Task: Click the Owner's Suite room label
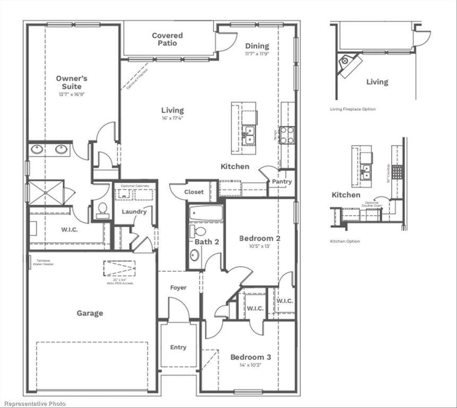click(72, 82)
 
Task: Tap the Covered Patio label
click(167, 39)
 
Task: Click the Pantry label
click(281, 182)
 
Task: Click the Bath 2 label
click(206, 242)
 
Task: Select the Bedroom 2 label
click(260, 239)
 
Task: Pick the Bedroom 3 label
click(251, 357)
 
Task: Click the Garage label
click(90, 313)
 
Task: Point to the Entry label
click(178, 347)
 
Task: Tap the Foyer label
click(178, 288)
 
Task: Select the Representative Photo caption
click(33, 404)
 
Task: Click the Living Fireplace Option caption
click(352, 109)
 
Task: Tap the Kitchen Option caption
click(344, 241)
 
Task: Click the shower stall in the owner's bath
click(46, 192)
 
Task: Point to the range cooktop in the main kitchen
click(287, 135)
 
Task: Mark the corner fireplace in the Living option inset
click(349, 63)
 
